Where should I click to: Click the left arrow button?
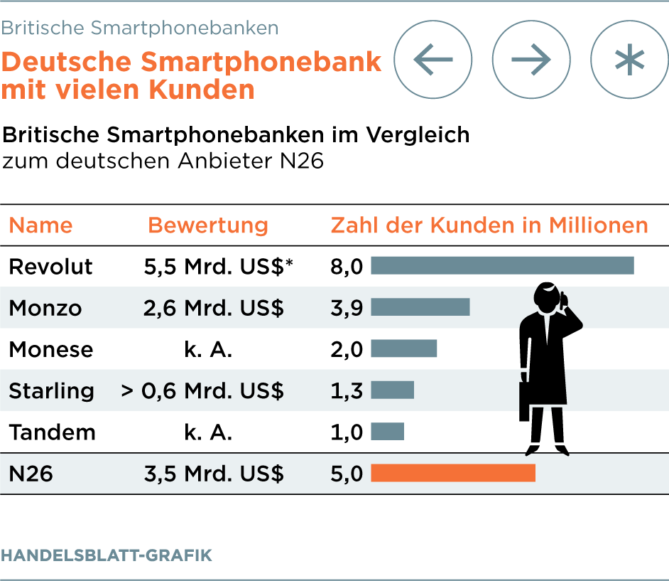[433, 59]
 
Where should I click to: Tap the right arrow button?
[531, 59]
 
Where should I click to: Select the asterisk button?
[629, 59]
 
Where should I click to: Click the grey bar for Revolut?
[502, 266]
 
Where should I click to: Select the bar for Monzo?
[420, 307]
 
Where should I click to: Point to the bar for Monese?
[403, 348]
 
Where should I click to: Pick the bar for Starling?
[392, 390]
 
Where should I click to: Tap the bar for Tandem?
[387, 431]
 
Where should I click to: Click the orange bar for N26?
[453, 473]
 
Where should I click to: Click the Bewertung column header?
[208, 225]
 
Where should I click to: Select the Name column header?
[40, 225]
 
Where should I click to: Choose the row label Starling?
[51, 390]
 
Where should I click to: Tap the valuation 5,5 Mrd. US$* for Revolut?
[218, 267]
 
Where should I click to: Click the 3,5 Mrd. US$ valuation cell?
[214, 474]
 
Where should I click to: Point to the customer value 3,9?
[347, 308]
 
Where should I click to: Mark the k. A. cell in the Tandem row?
[208, 432]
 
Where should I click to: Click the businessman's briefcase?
[524, 402]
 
